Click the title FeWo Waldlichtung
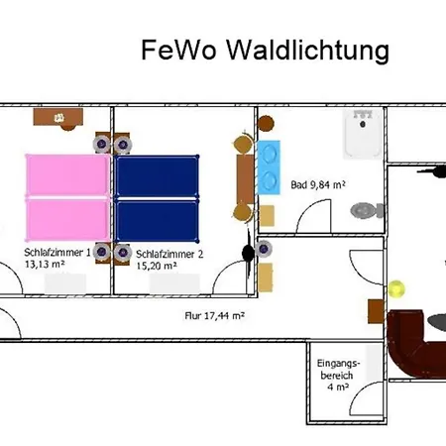[x=265, y=51]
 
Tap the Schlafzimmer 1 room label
[x=57, y=258]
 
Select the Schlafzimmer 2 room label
[x=169, y=260]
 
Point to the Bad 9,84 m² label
[x=318, y=184]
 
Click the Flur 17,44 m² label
[x=215, y=316]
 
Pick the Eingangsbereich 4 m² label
[x=338, y=375]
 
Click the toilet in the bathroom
[x=367, y=210]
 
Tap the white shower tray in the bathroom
[x=363, y=133]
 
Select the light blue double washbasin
[x=269, y=167]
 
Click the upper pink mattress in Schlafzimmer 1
[x=67, y=174]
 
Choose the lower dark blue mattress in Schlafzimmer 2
[x=157, y=220]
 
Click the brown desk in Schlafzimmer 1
[x=58, y=117]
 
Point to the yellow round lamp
[x=396, y=288]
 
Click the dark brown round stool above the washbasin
[x=266, y=124]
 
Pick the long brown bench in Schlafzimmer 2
[x=245, y=179]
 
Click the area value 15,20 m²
[x=157, y=266]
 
